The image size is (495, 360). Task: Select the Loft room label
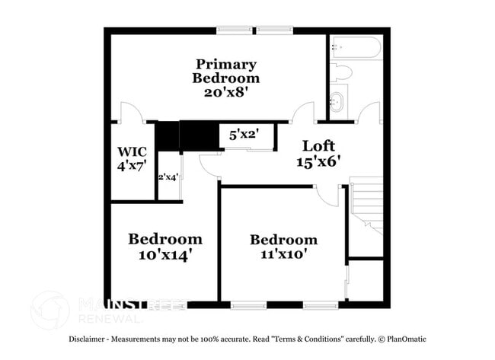click(318, 145)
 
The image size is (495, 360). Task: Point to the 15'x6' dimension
click(318, 161)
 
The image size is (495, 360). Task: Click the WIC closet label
click(132, 150)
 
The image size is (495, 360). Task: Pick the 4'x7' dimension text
click(132, 164)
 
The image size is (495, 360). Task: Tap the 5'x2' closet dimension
click(244, 135)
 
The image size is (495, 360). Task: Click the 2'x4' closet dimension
click(168, 177)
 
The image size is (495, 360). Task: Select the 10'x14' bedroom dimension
click(164, 254)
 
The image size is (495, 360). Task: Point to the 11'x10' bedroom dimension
click(283, 254)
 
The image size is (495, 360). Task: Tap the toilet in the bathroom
click(341, 74)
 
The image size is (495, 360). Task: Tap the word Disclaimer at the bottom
click(88, 339)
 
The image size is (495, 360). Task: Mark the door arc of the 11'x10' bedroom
click(328, 195)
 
